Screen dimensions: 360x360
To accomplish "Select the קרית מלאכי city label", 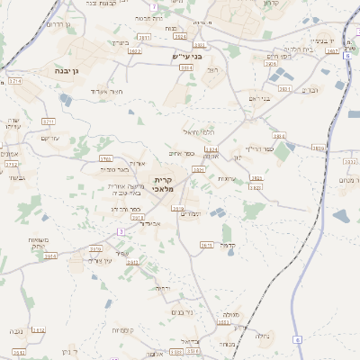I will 164,184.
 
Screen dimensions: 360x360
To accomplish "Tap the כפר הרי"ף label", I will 258,148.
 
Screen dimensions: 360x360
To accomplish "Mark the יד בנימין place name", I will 321,40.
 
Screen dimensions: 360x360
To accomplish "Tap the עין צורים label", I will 94,261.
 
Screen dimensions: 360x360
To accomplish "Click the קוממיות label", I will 123,330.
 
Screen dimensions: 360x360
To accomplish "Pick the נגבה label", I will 15,333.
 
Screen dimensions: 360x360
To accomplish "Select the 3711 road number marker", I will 48,121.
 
